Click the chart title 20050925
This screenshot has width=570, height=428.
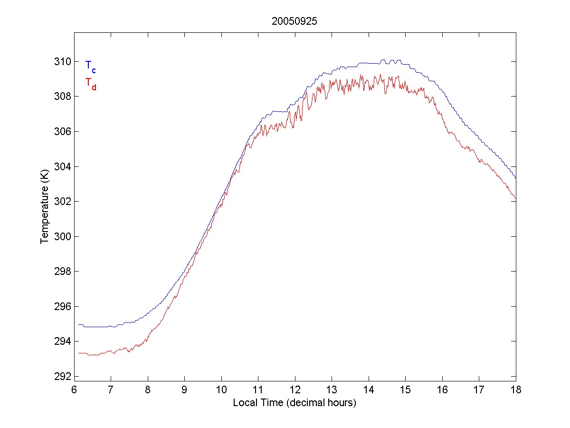pos(294,21)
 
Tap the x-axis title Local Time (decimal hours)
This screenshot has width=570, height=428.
pos(294,403)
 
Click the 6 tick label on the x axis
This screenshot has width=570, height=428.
pos(74,389)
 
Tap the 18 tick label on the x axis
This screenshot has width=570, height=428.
pos(516,389)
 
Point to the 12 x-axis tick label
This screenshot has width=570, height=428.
pos(295,389)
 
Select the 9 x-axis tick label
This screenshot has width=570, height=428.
pos(185,389)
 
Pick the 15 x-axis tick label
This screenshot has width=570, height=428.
pos(405,389)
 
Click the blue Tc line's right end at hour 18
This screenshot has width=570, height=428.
pos(515,178)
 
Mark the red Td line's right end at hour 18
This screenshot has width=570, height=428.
pos(515,198)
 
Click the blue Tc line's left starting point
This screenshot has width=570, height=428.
pos(79,325)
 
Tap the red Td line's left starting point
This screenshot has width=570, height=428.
pos(79,353)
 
